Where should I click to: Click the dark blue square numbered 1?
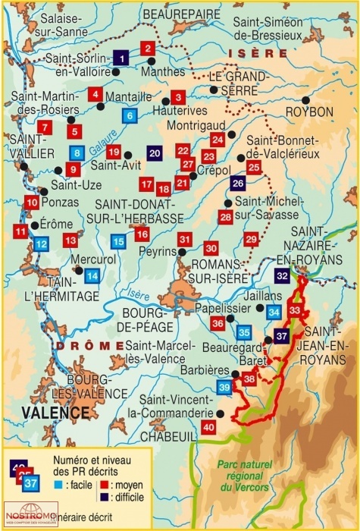coord(121,56)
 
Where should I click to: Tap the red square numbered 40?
coord(210,427)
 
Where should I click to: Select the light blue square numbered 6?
coord(130,115)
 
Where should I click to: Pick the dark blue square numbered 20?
coord(154,152)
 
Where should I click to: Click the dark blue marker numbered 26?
coord(238,183)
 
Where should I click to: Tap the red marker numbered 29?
coord(252,239)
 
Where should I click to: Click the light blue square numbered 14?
coord(92,276)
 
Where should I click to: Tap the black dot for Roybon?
coord(305,99)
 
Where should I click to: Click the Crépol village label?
coord(213,172)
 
